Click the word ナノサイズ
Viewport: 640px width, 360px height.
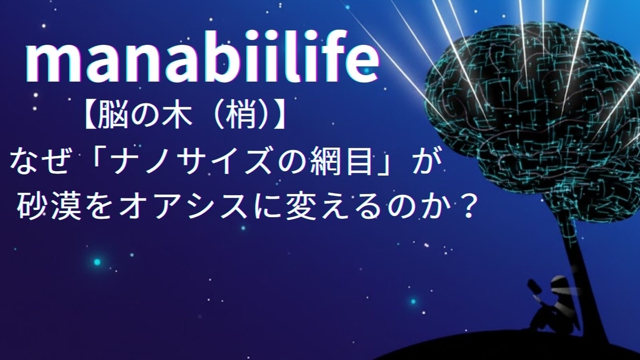191,163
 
